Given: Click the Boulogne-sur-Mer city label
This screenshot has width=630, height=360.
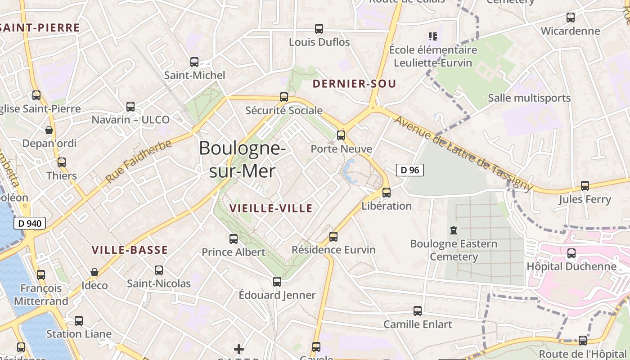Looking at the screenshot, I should click(242, 159).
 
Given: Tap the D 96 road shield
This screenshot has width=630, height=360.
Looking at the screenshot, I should click(409, 170).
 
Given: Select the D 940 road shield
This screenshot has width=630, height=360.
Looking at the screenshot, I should click(30, 223).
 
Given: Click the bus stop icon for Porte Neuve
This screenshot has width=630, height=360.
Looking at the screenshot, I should click(341, 135).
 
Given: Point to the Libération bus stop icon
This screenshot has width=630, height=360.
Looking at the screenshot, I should click(386, 193).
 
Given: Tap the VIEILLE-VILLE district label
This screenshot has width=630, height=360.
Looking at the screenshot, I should click(271, 208).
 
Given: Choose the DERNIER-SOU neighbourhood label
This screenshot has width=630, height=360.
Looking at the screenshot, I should click(354, 84).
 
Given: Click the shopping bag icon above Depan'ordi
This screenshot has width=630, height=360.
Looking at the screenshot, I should click(49, 130).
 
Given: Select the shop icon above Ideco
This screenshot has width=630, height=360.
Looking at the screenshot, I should click(94, 272).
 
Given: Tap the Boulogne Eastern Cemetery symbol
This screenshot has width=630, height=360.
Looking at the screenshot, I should click(453, 230).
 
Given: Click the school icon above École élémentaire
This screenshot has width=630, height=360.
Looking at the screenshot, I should click(433, 36).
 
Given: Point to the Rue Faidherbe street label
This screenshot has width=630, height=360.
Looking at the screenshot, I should click(139, 161).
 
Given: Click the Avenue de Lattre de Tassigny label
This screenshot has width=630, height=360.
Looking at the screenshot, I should click(463, 153).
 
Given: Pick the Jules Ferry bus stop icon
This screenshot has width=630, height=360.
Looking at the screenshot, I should click(585, 185).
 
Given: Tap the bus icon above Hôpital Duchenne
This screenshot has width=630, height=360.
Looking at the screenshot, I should click(571, 253).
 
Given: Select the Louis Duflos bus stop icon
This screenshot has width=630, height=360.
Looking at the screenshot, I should click(319, 29).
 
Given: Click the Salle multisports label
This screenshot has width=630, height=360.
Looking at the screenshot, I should click(529, 98).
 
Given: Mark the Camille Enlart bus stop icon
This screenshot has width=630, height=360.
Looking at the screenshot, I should click(418, 310).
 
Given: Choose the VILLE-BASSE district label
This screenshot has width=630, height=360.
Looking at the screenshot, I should click(130, 250).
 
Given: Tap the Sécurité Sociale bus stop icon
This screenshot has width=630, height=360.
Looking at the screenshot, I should click(284, 97).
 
